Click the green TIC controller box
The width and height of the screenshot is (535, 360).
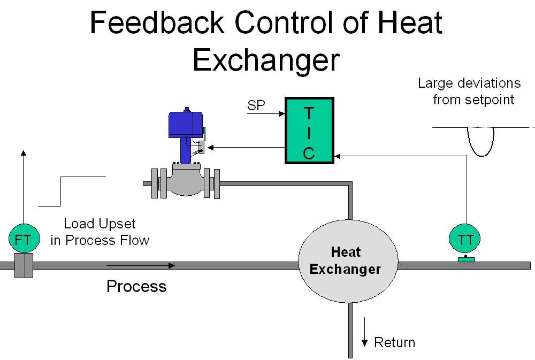(309, 131)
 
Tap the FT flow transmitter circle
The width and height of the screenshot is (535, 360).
(23, 239)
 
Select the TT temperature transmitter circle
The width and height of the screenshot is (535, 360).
(465, 240)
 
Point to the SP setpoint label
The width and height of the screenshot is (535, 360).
(256, 105)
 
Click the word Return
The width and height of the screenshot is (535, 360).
(394, 342)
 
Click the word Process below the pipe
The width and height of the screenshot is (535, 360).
(136, 286)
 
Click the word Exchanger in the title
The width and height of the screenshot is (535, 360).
(266, 59)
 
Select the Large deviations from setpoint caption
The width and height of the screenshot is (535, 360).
(469, 91)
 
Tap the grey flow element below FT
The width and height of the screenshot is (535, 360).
(23, 265)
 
